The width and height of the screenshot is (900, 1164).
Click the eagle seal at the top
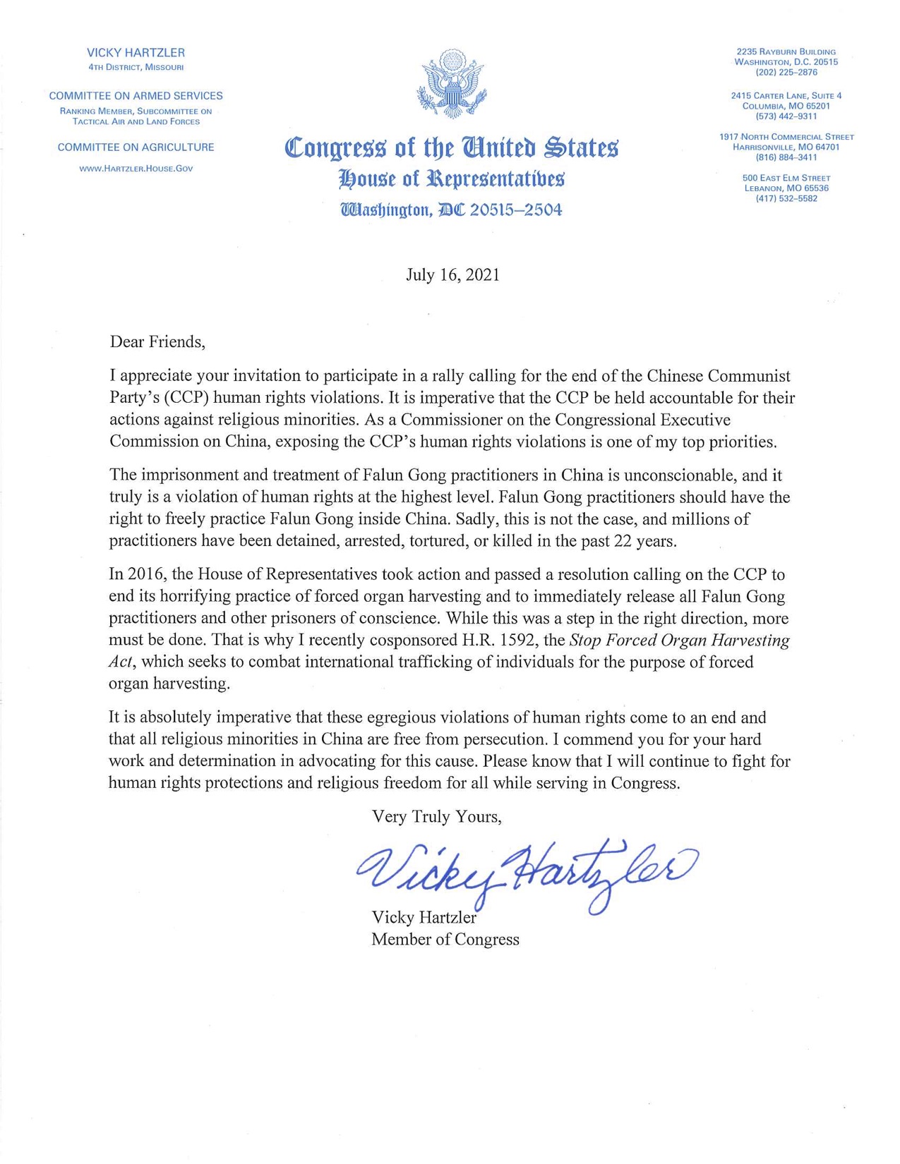(x=452, y=83)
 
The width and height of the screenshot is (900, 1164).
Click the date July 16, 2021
(x=452, y=274)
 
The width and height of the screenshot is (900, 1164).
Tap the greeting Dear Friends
(x=157, y=342)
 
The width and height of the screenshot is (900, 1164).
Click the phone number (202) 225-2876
(x=786, y=72)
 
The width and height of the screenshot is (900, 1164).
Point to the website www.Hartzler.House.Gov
(x=136, y=169)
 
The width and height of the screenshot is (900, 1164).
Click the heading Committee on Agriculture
(x=136, y=147)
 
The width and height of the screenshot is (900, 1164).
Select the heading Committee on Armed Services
(x=136, y=96)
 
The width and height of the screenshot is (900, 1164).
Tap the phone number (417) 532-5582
(x=786, y=198)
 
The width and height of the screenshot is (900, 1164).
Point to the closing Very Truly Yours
(x=436, y=816)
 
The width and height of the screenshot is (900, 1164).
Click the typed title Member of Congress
(x=445, y=939)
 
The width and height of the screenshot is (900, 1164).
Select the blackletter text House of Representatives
(x=452, y=179)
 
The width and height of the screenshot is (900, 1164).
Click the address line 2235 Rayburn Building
(x=786, y=51)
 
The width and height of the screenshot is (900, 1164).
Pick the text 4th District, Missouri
(x=136, y=67)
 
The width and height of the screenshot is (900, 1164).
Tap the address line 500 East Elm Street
(x=786, y=178)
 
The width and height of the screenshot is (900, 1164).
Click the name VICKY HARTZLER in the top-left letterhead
(x=136, y=53)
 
